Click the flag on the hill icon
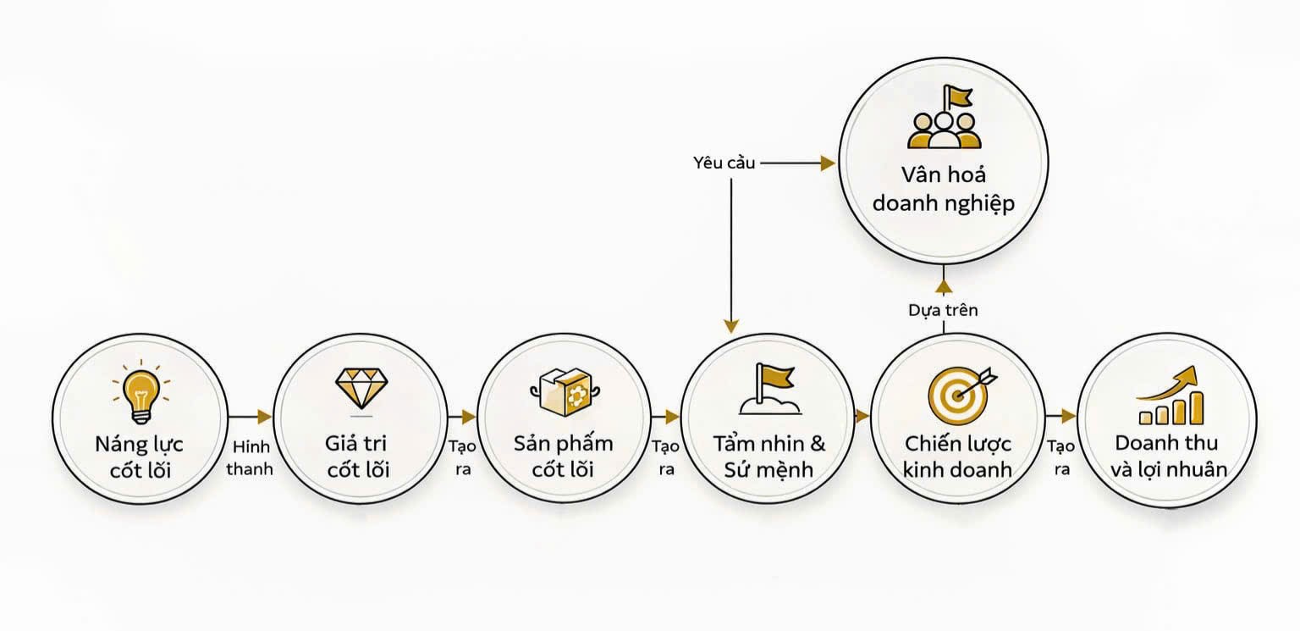click(769, 389)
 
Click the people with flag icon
click(944, 119)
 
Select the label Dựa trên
click(943, 310)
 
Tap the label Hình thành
click(250, 457)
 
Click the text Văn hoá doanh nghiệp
click(943, 190)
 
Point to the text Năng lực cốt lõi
click(140, 457)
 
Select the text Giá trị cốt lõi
click(357, 456)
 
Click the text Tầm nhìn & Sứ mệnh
click(768, 456)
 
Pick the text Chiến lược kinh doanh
click(957, 456)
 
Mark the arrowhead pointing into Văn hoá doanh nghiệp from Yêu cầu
click(828, 163)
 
